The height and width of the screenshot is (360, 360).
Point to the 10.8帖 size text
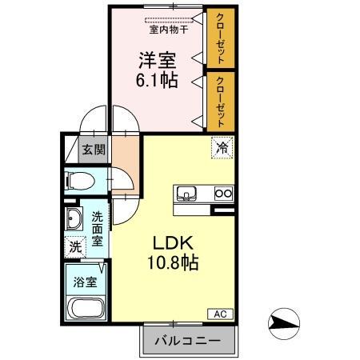(x=171, y=262)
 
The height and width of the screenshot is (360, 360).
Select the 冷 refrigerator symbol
(x=222, y=148)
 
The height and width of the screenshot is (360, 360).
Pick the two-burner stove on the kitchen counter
(x=222, y=193)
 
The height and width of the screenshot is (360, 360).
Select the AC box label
(x=218, y=314)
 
